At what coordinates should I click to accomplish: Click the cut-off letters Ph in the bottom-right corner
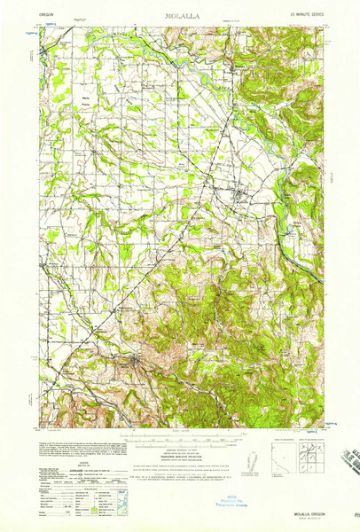coord(354,513)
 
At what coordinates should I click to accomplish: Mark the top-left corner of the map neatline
coord(39,27)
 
